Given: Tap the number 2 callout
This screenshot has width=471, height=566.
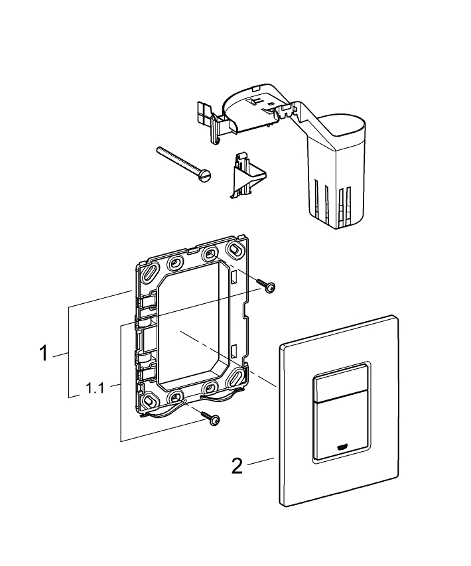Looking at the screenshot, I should pos(237,466).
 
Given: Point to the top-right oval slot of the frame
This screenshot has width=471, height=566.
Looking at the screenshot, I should pos(235,251).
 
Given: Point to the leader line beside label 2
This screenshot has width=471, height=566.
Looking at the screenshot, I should pos(261,461).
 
